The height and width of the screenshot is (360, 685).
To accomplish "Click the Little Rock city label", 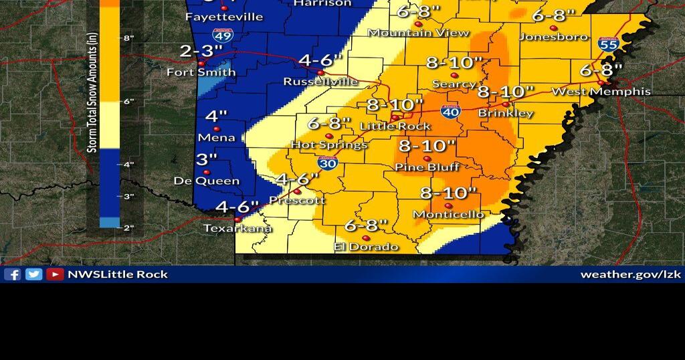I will coord(395,126).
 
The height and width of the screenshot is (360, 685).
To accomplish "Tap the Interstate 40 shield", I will coord(451,112).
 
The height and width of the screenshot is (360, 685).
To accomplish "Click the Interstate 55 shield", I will coord(608,44).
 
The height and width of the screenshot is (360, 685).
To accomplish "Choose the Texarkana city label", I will coord(238,228).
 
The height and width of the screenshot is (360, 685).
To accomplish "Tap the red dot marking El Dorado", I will coord(366,238).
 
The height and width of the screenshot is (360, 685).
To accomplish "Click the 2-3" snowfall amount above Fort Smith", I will coord(200,52).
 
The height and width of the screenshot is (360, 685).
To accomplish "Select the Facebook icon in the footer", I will coord(12,274).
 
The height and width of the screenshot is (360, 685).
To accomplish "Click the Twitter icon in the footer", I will coord(33,274).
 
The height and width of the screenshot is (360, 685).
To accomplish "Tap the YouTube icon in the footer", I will coord(55,274).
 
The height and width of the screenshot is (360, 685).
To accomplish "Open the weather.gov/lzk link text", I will coord(629,274).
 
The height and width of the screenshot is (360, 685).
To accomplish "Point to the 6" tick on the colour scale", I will coord(128,101).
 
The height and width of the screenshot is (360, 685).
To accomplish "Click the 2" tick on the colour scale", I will coord(128,228).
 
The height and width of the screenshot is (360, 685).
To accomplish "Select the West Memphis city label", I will coord(600,91).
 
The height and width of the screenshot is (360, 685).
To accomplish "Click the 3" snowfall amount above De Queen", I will coord(207,159).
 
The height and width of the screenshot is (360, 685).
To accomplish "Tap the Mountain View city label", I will coord(419,33).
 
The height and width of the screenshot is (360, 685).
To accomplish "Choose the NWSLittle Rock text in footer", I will coord(117,274).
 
